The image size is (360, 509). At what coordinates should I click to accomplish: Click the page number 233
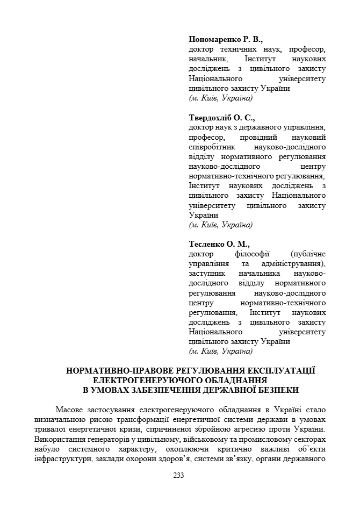coord(179,475)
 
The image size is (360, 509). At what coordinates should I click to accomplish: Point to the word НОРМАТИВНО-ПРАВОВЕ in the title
coord(111,371)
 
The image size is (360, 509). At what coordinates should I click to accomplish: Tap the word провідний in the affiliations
coord(247,137)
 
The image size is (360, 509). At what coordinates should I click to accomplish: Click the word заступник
coord(207,273)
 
